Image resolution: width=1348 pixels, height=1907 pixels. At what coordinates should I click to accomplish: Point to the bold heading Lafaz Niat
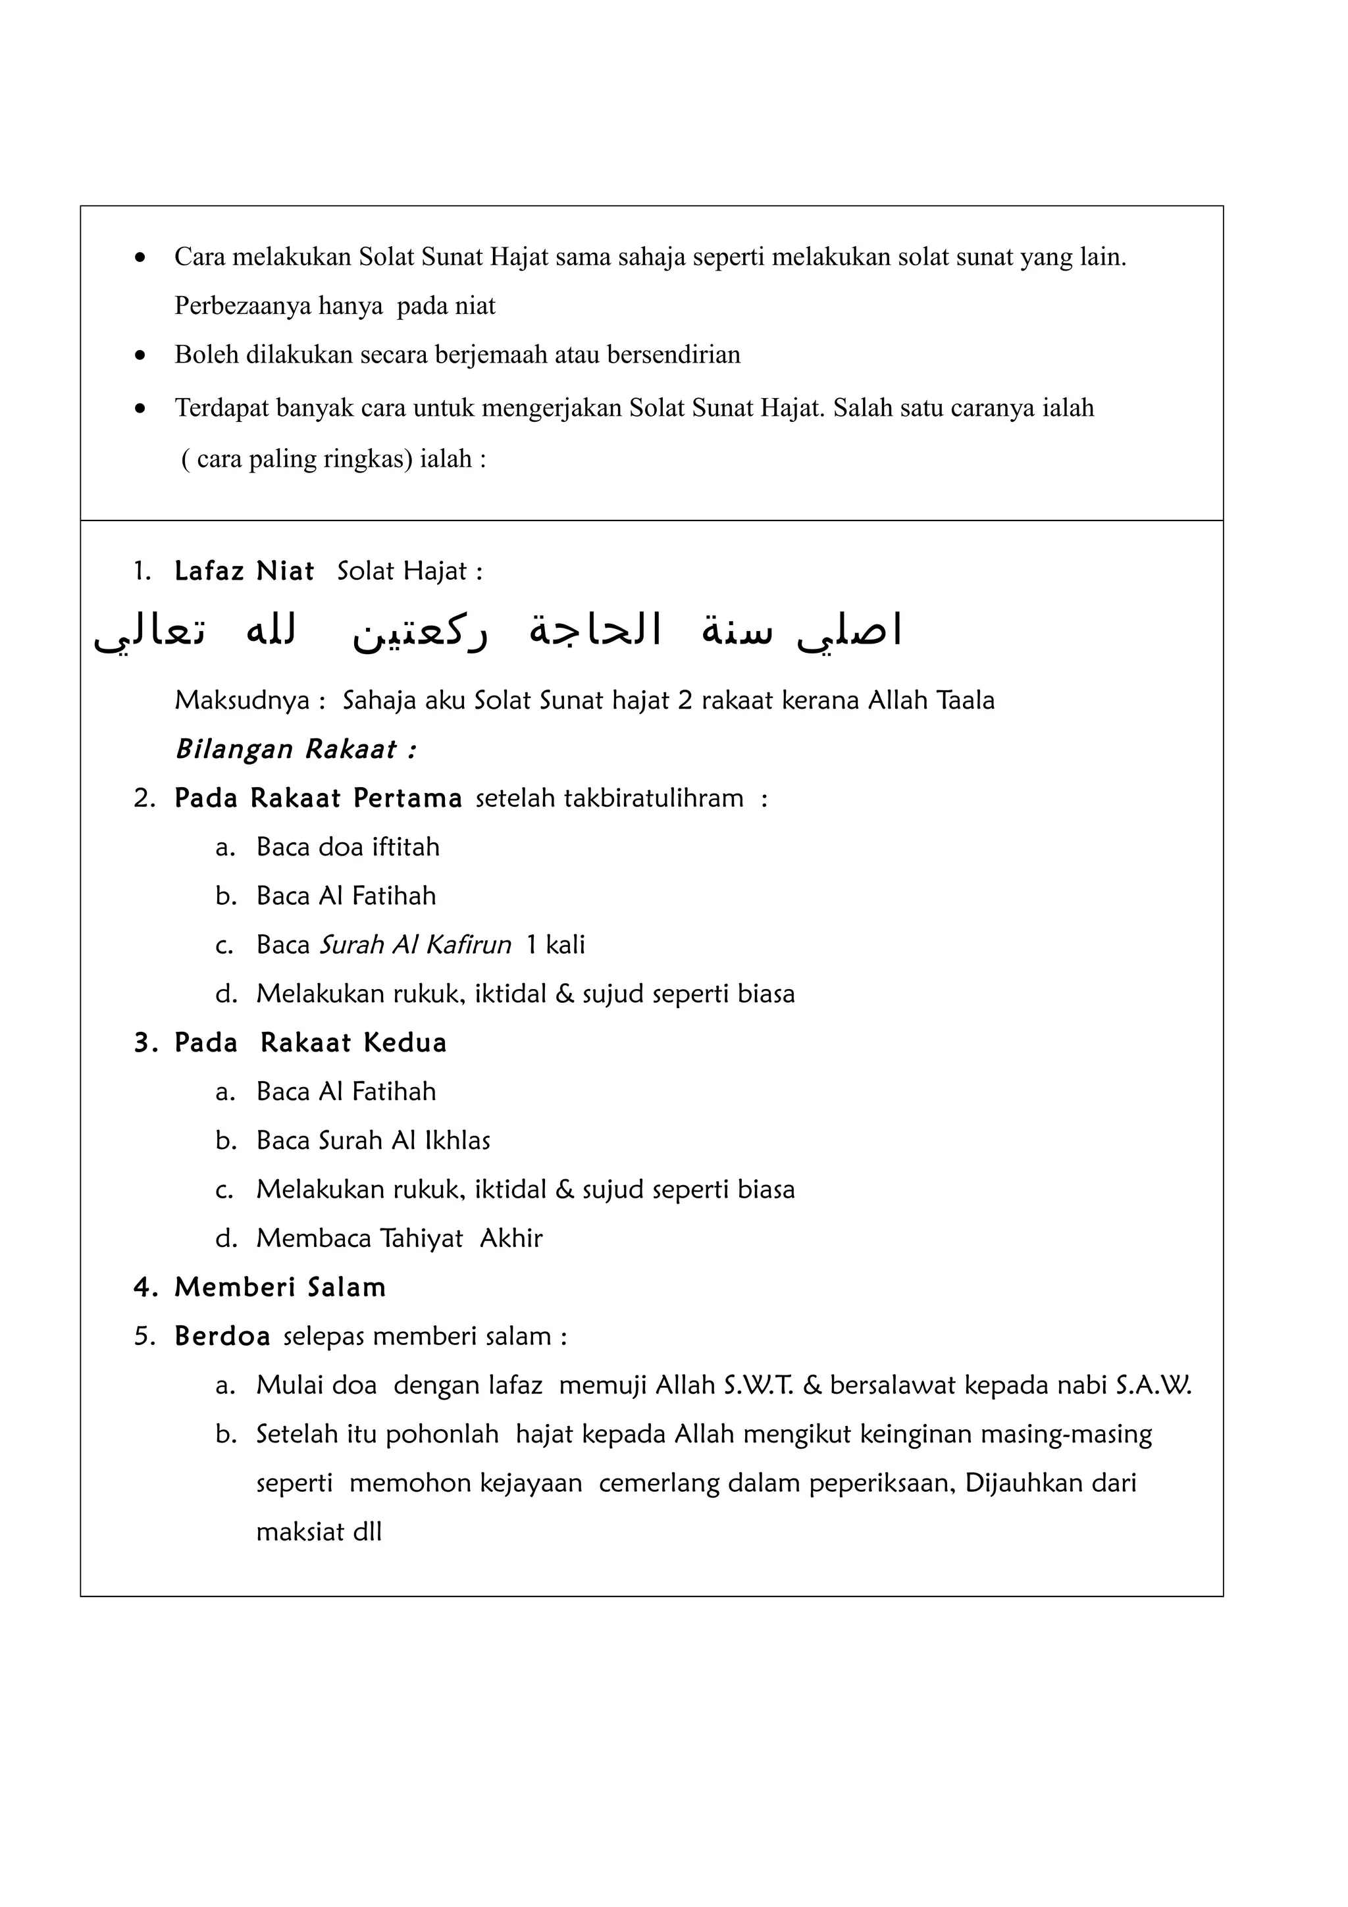[x=244, y=571]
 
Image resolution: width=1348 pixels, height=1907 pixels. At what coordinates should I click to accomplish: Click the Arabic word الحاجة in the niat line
[x=594, y=631]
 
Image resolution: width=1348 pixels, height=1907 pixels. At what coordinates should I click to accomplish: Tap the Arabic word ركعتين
[x=419, y=633]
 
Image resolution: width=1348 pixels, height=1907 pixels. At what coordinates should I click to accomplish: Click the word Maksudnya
[x=242, y=701]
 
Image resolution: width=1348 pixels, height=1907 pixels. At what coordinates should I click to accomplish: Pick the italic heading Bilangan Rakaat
[x=295, y=750]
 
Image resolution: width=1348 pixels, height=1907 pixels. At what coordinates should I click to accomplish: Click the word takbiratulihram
[x=654, y=799]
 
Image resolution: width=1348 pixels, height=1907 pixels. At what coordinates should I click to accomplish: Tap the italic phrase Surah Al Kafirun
[x=415, y=945]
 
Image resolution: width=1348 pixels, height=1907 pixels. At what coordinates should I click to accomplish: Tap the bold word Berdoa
[x=222, y=1336]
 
